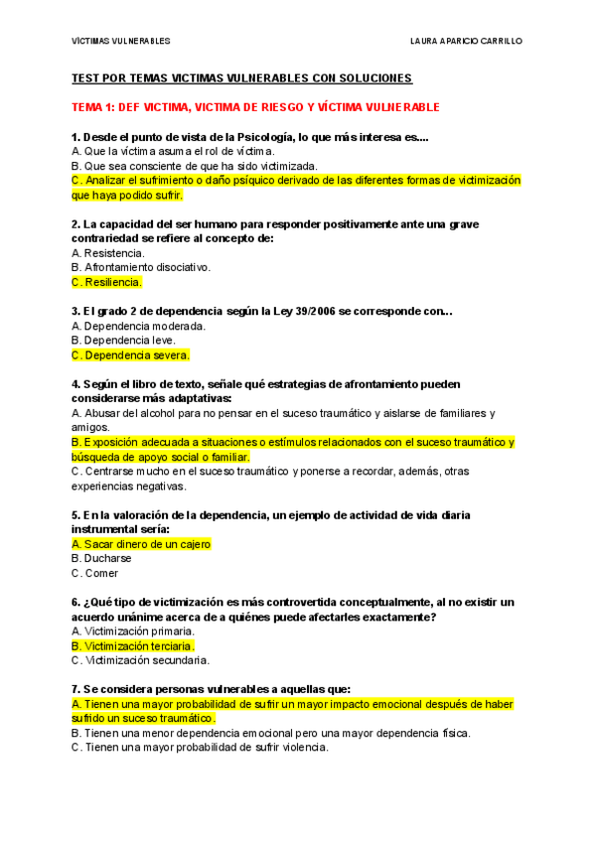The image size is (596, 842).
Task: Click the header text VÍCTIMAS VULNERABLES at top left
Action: [121, 41]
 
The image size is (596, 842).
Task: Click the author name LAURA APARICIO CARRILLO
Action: [466, 41]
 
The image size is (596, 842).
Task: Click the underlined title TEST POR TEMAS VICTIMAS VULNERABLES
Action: [241, 77]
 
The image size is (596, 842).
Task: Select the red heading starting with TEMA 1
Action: [255, 106]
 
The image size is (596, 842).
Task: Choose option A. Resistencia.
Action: [108, 253]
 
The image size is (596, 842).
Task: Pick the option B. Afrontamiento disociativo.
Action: [141, 267]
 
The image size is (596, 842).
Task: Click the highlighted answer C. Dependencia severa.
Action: [130, 354]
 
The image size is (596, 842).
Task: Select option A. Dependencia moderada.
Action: [139, 326]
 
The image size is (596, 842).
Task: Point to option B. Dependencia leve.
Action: [123, 340]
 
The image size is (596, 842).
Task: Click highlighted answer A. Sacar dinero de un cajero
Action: [141, 544]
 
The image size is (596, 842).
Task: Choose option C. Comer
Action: [95, 573]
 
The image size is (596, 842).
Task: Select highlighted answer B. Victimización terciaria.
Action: [133, 645]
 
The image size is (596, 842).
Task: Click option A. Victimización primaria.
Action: [133, 631]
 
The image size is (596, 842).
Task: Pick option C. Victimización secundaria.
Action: [140, 659]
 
